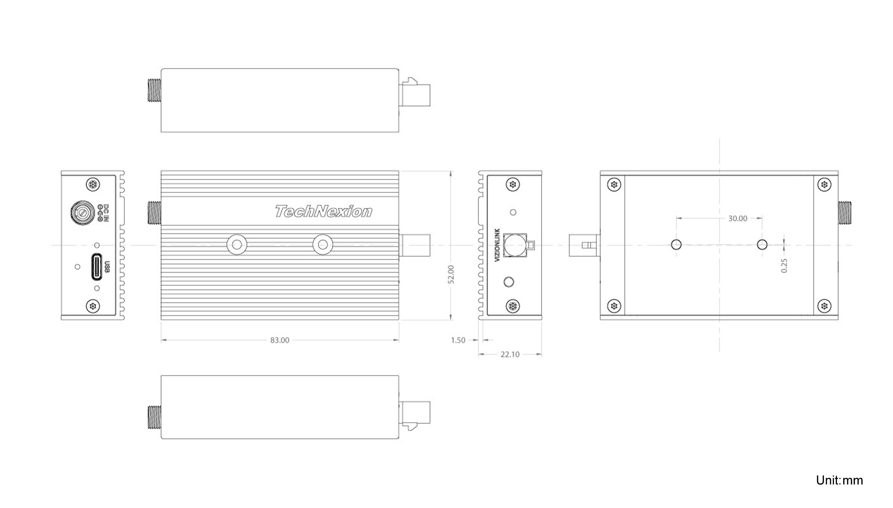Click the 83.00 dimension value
pos(280,340)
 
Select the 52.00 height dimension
pos(451,274)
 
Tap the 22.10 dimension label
pos(510,354)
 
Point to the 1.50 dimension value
pos(458,340)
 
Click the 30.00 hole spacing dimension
pos(737,218)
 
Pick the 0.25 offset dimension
pos(784,266)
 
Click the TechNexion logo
pos(323,211)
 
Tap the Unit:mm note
pos(839,480)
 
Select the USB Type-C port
pos(97,267)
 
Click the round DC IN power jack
pos(82,212)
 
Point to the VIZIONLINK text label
pos(498,245)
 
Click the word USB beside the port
pos(107,267)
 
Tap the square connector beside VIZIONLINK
pos(515,245)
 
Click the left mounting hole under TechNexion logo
pos(237,245)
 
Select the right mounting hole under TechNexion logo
pos(323,245)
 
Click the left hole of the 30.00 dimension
pos(676,245)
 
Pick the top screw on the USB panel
pos(93,184)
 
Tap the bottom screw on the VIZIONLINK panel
pos(513,306)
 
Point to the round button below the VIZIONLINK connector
pos(509,282)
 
